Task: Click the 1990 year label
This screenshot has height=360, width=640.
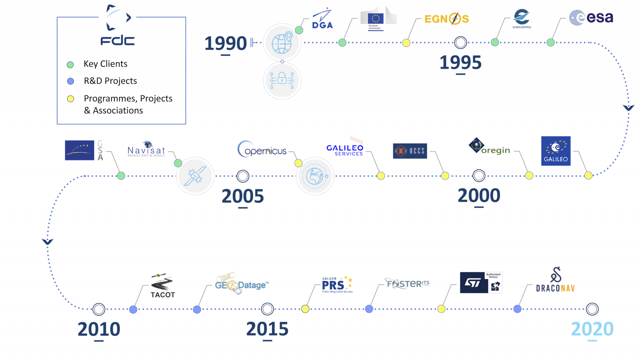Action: pyautogui.click(x=226, y=43)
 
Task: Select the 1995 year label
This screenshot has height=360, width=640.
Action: pyautogui.click(x=460, y=62)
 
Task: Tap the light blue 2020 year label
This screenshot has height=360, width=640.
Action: pyautogui.click(x=592, y=329)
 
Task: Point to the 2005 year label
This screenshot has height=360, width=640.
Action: pyautogui.click(x=243, y=196)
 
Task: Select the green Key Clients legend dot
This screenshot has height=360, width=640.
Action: pyautogui.click(x=70, y=65)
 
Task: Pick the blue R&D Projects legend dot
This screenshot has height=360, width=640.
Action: pyautogui.click(x=70, y=81)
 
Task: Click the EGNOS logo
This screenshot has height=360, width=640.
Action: pyautogui.click(x=446, y=19)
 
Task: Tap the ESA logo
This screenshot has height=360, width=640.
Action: pyautogui.click(x=591, y=17)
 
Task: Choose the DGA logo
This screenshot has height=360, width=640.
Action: pyautogui.click(x=322, y=19)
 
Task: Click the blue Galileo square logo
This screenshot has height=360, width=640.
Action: pyautogui.click(x=556, y=151)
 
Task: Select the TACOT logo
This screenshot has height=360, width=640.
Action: pyautogui.click(x=162, y=286)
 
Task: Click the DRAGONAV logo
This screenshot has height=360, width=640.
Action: pyautogui.click(x=555, y=280)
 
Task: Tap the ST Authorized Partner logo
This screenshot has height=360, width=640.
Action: pyautogui.click(x=481, y=283)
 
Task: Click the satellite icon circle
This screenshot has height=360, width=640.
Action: pyautogui.click(x=195, y=176)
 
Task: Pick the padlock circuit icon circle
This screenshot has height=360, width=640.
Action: pyautogui.click(x=282, y=80)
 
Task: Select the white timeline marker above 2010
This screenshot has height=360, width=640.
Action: pyautogui.click(x=99, y=309)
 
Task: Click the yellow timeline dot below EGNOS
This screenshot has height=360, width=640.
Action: pyautogui.click(x=406, y=43)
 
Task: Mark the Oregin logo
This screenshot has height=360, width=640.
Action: pyautogui.click(x=489, y=147)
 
